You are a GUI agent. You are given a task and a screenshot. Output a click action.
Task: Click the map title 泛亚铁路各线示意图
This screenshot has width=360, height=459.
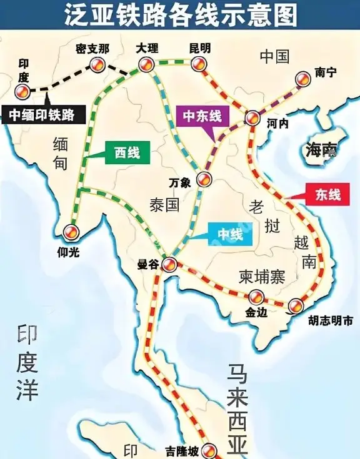pyautogui.click(x=180, y=16)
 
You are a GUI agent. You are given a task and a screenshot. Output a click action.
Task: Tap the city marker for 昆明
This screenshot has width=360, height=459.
pyautogui.click(x=199, y=62)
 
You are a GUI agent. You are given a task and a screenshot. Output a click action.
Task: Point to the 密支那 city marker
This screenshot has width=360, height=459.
pyautogui.click(x=97, y=63)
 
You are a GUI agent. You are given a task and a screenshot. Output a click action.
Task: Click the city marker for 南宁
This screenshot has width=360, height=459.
pyautogui.click(x=302, y=78)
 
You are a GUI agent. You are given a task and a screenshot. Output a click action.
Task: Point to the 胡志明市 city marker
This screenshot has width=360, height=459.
pyautogui.click(x=295, y=305)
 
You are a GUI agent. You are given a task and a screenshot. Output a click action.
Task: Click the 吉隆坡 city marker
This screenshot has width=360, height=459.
pyautogui.click(x=211, y=450)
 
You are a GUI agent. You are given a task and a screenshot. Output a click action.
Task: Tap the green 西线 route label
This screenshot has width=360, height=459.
pyautogui.click(x=127, y=152)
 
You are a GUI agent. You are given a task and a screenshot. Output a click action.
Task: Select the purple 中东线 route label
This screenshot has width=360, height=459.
pyautogui.click(x=202, y=116)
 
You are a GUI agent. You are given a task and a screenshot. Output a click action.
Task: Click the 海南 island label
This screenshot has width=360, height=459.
pyautogui.click(x=321, y=150)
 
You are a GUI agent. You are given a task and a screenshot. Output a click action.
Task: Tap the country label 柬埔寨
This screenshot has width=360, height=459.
pyautogui.click(x=262, y=277)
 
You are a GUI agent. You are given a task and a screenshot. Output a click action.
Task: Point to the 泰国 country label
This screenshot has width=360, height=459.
pyautogui.click(x=165, y=204)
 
